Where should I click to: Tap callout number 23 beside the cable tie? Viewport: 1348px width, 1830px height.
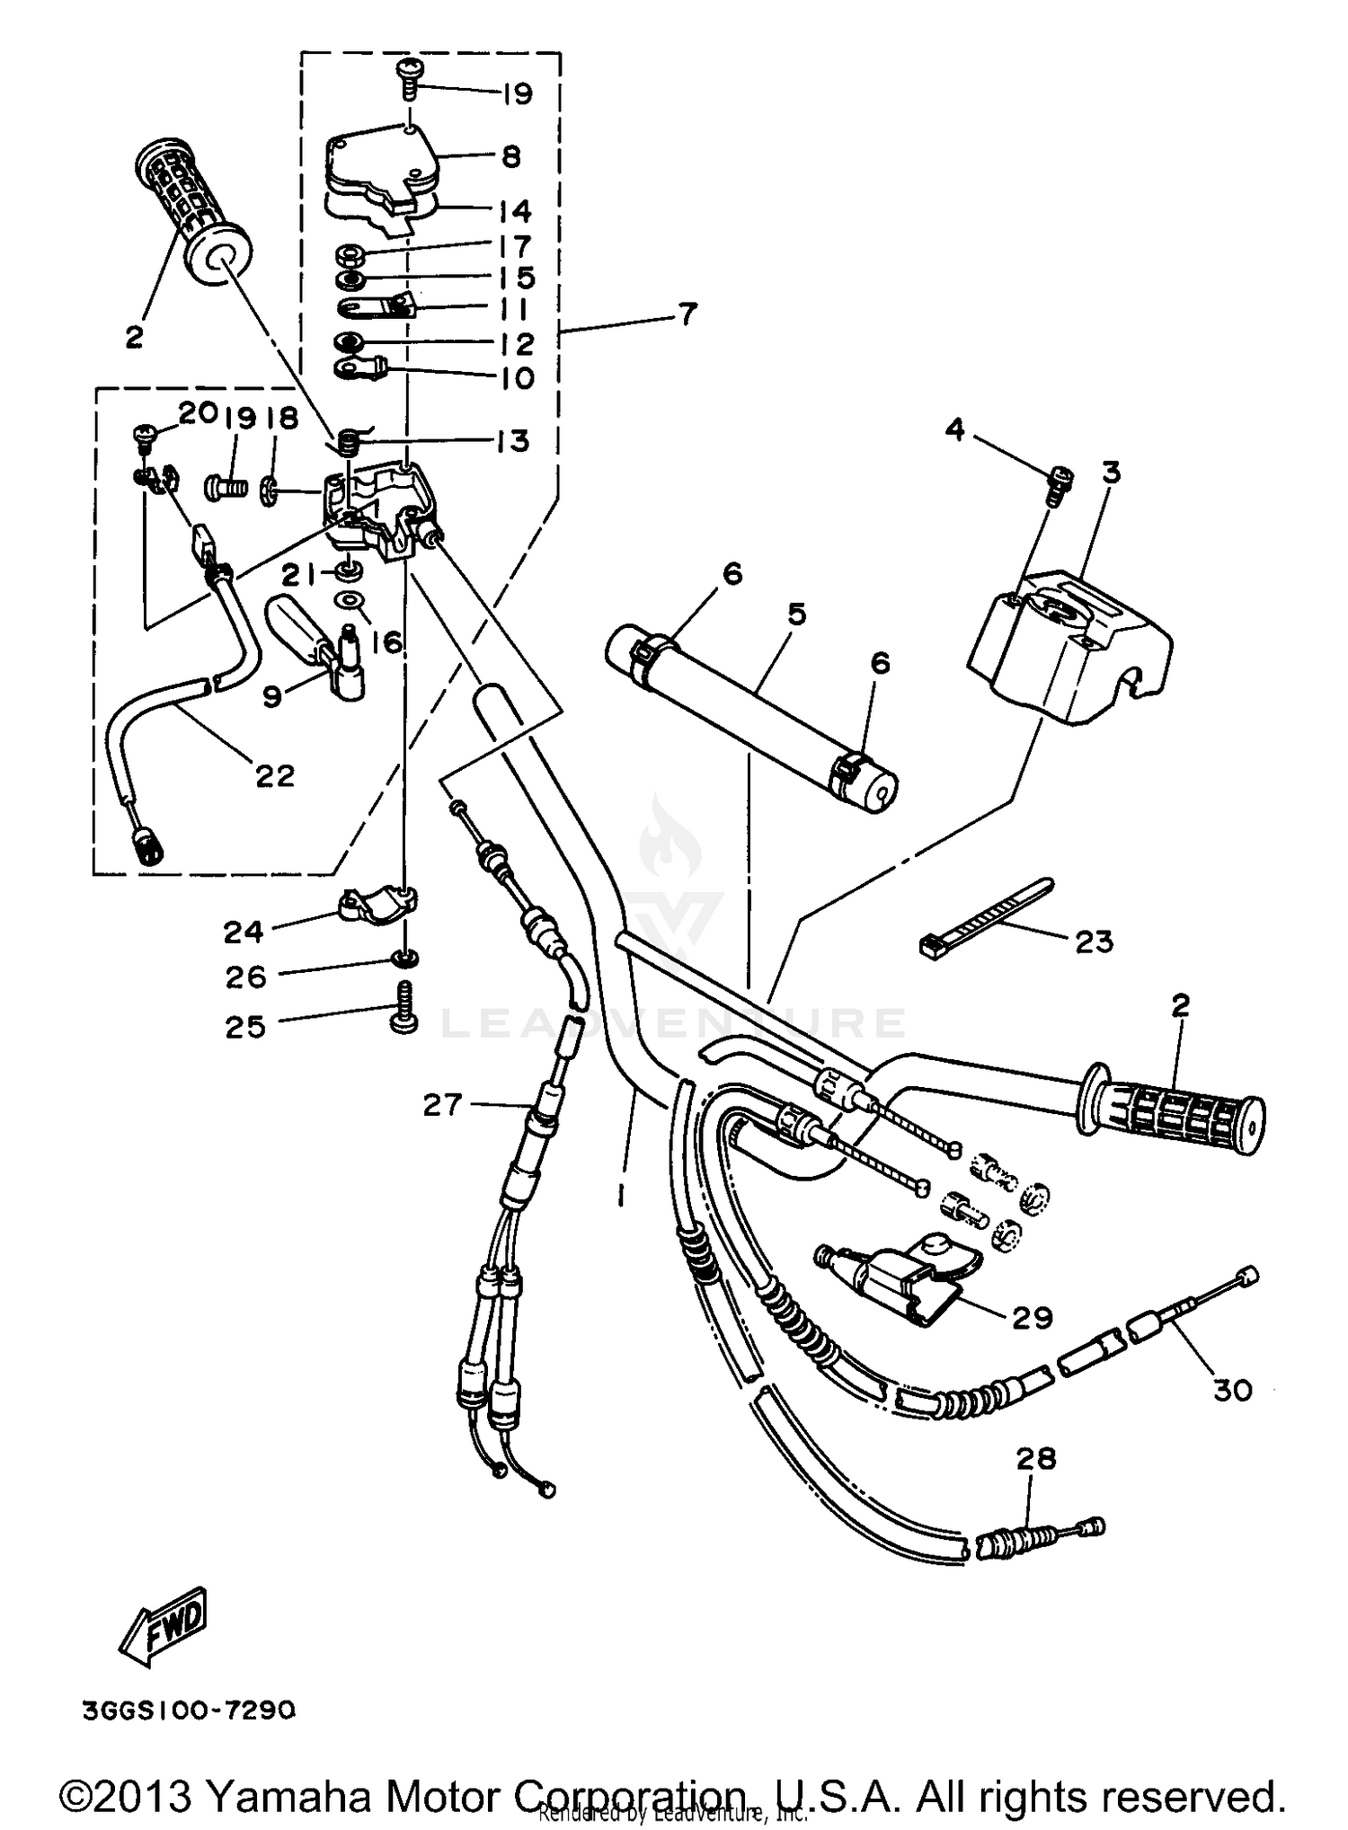[1094, 942]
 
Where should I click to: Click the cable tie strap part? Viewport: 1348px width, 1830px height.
[984, 916]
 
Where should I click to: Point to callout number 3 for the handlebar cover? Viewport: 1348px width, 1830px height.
[1112, 472]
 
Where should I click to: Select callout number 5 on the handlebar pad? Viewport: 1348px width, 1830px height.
[796, 614]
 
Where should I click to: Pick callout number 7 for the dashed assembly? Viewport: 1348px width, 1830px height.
[687, 315]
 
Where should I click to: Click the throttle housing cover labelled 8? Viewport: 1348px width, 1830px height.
[382, 162]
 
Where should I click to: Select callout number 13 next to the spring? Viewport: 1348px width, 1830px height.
[512, 441]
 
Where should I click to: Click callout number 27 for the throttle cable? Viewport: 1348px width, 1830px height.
[442, 1105]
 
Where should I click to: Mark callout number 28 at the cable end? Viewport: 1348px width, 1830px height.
[1035, 1458]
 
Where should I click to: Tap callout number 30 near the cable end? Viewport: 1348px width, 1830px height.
[1232, 1391]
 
